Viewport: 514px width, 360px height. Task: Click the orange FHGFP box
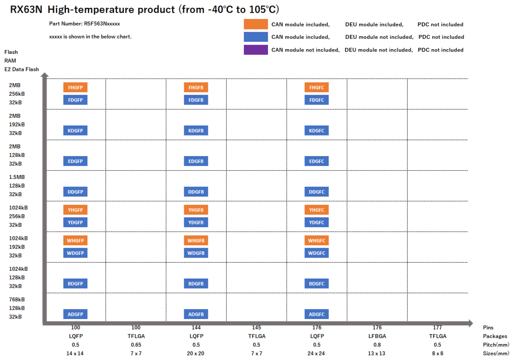pyautogui.click(x=75, y=87)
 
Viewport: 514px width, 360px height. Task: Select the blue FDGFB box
pyautogui.click(x=196, y=100)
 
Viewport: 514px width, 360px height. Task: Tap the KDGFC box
pyautogui.click(x=316, y=131)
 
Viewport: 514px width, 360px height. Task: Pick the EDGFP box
pyautogui.click(x=75, y=161)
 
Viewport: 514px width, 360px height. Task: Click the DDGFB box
pyautogui.click(x=196, y=192)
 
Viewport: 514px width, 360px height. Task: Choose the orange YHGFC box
pyautogui.click(x=316, y=210)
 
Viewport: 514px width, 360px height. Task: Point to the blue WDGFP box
pyautogui.click(x=75, y=253)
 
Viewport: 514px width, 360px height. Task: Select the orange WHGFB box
pyautogui.click(x=196, y=240)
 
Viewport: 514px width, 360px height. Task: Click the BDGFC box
pyautogui.click(x=316, y=283)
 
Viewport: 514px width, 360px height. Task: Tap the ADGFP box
pyautogui.click(x=75, y=314)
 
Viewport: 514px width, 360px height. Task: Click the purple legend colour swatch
pyautogui.click(x=256, y=50)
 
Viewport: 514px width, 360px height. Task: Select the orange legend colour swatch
pyautogui.click(x=256, y=24)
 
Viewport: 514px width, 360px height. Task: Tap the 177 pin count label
pyautogui.click(x=437, y=328)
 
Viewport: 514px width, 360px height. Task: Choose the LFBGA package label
pyautogui.click(x=377, y=336)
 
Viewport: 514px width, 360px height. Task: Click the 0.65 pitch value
pyautogui.click(x=135, y=344)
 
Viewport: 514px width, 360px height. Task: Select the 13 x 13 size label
pyautogui.click(x=377, y=353)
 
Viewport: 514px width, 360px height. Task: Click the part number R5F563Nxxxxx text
pyautogui.click(x=84, y=24)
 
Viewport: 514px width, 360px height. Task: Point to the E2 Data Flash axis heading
pyautogui.click(x=22, y=69)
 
